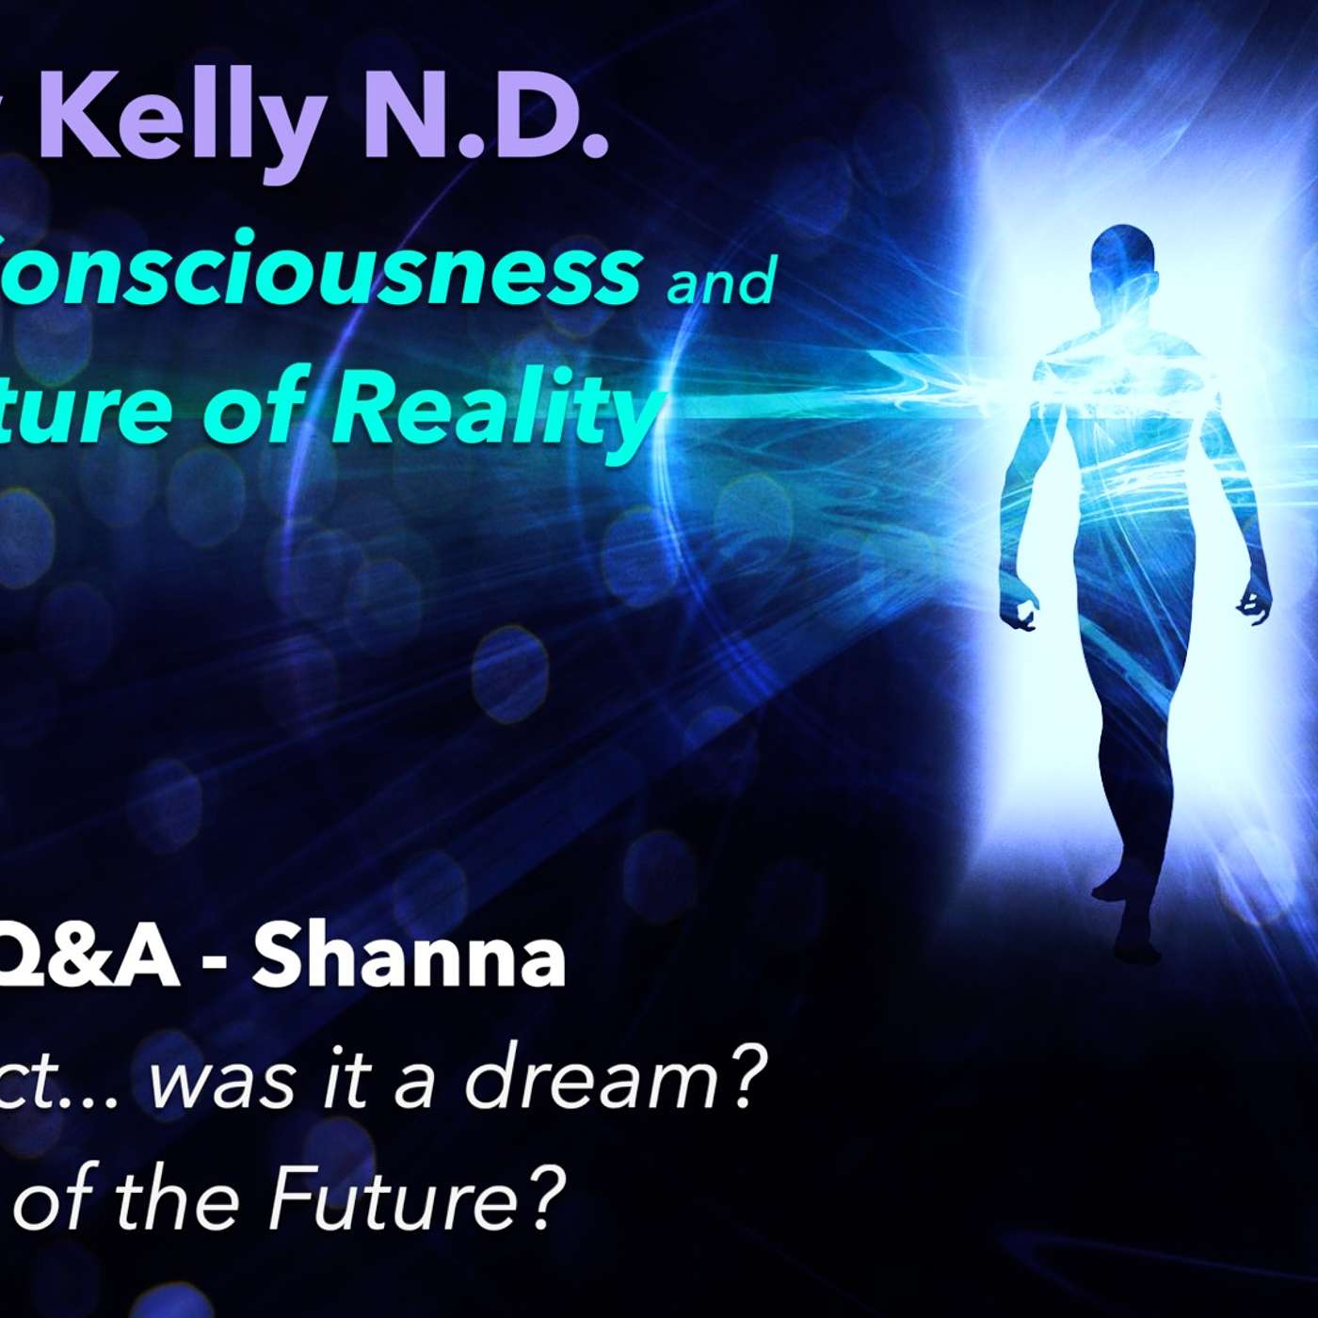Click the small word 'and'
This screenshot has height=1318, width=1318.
720,280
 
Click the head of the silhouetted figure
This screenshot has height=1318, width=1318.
1119,255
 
